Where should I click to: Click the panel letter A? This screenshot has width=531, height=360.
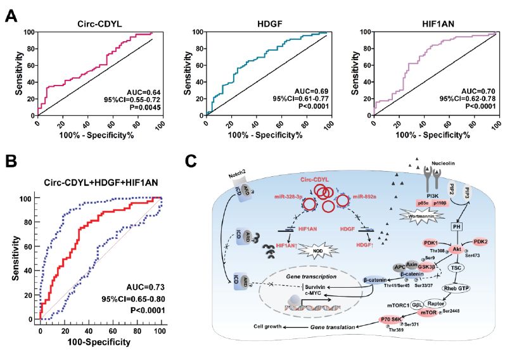pos(11,15)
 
